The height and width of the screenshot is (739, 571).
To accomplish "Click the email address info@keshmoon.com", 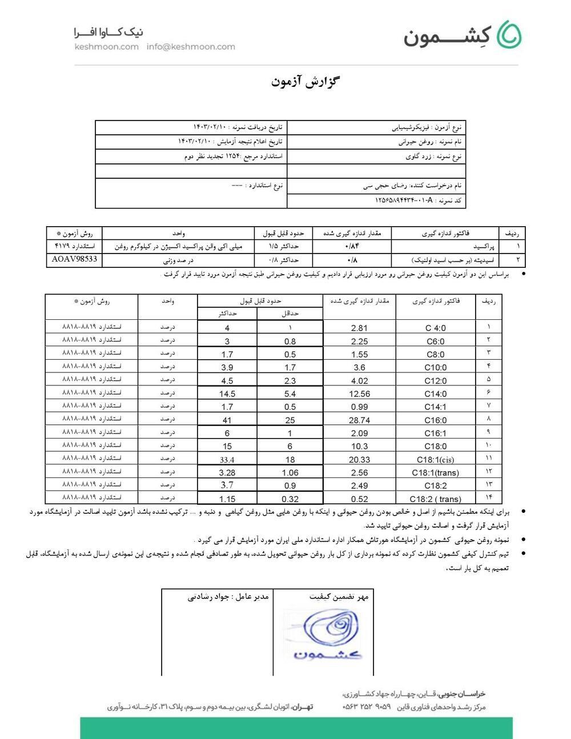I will [191, 47].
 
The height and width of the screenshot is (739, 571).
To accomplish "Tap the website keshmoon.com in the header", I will [106, 47].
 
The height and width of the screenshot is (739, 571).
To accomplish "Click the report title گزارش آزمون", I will [305, 81].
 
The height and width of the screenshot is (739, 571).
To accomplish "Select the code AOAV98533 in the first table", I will [74, 259].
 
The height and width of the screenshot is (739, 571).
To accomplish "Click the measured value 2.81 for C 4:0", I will [359, 328].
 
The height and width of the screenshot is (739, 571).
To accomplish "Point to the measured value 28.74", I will [359, 420].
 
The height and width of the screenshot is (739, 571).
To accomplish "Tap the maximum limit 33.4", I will [227, 460].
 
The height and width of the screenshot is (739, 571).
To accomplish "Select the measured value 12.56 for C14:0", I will [359, 393].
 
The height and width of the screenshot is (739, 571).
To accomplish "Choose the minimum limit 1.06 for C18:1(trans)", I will [290, 472].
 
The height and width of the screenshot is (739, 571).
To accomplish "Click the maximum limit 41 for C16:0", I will [227, 420].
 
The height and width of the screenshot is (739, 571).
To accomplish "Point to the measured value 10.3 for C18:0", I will [359, 446].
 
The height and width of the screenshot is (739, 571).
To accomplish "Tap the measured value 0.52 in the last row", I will [359, 499].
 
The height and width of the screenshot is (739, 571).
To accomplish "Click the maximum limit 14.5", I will [227, 393].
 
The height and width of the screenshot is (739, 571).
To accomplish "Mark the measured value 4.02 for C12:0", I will [359, 380].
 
